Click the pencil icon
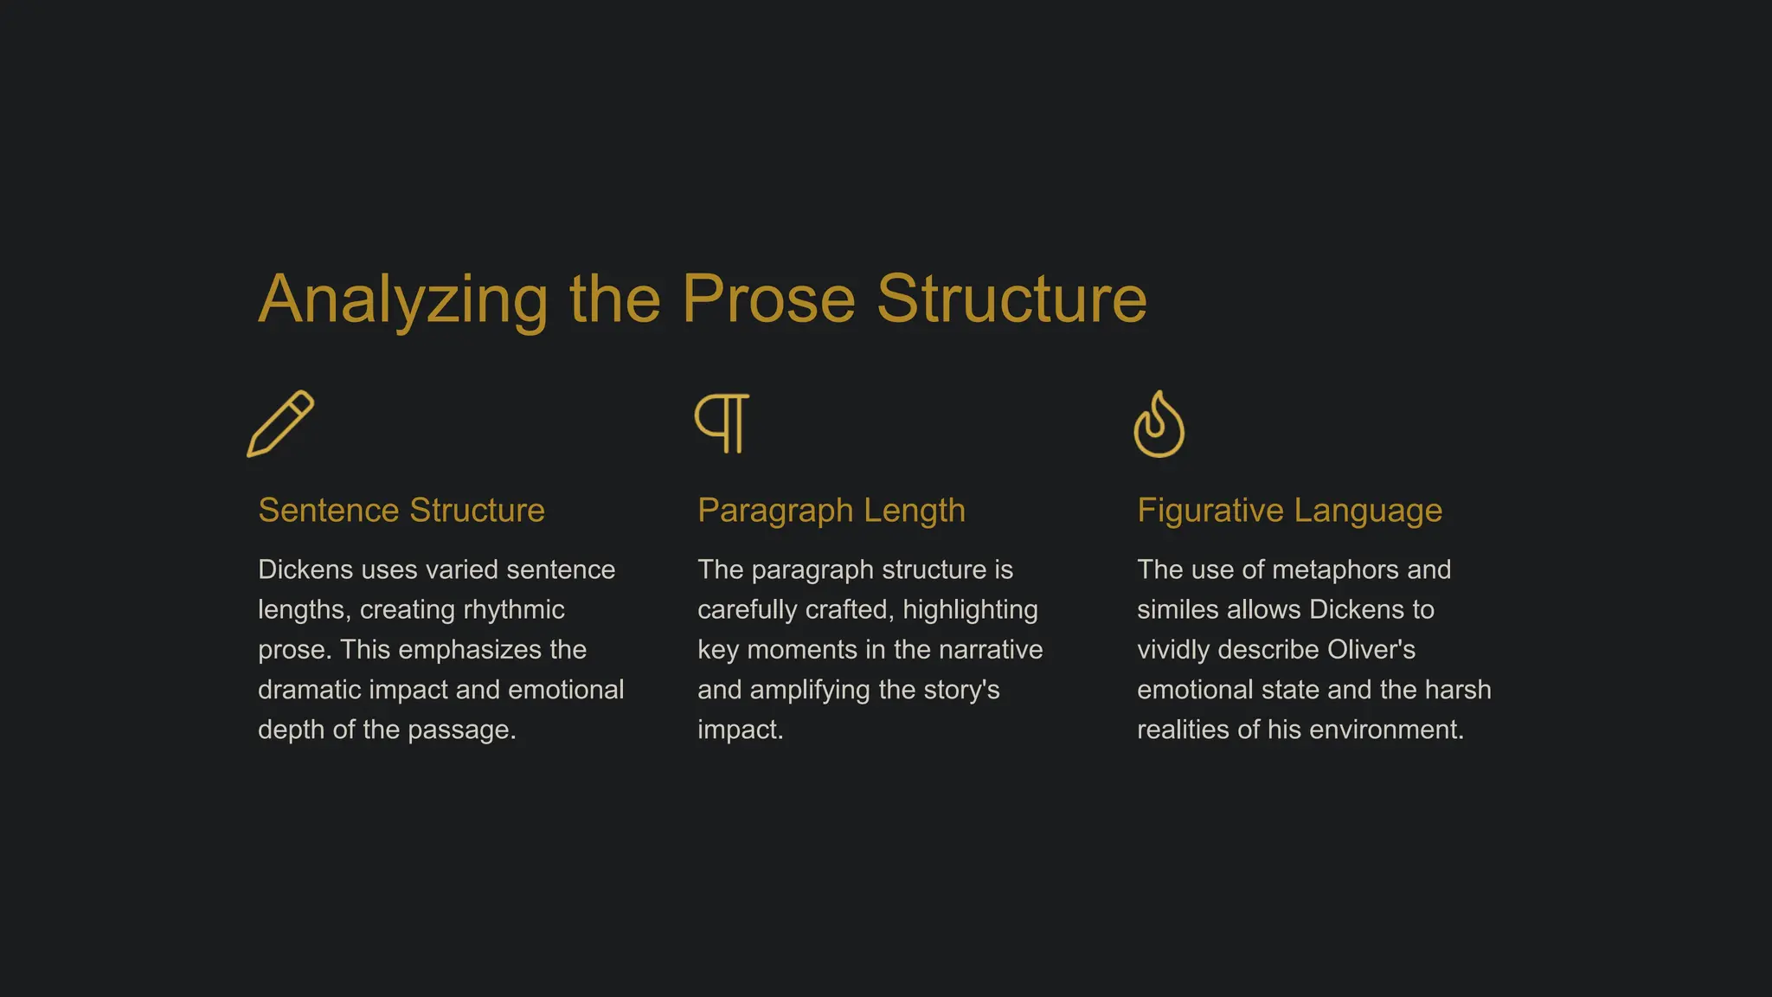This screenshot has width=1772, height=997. coord(280,423)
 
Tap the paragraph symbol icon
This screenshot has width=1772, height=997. coord(722,423)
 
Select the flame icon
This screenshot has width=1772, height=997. coord(1159,424)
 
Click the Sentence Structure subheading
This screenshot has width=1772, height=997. coord(401,511)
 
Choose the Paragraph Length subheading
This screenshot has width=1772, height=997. coord(831,511)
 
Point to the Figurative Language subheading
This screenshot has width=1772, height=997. coord(1289,511)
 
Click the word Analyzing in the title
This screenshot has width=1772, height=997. coord(403,299)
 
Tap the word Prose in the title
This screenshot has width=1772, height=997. coord(768,299)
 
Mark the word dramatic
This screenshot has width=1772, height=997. coord(310,690)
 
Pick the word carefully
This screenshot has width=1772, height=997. coord(748,610)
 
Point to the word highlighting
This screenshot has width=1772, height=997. coord(970,610)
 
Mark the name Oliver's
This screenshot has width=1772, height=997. coord(1371,650)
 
